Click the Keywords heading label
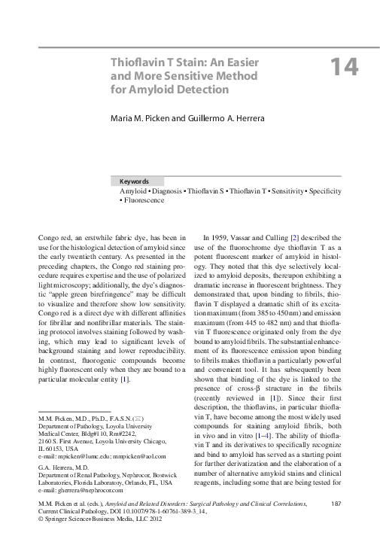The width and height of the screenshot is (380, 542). tap(134, 181)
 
